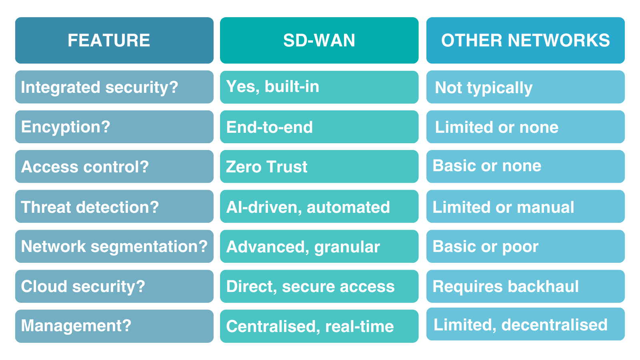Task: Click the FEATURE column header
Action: tap(114, 40)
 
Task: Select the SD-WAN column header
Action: tap(319, 40)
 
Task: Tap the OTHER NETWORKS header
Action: tap(526, 40)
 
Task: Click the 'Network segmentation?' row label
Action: tap(114, 246)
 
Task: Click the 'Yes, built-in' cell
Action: tap(319, 87)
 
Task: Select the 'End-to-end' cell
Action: tap(319, 127)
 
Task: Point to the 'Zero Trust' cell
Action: tap(319, 166)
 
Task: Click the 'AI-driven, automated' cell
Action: tap(319, 206)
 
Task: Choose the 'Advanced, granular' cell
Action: tap(319, 246)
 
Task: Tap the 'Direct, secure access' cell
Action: tap(319, 286)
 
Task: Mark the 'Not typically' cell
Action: tap(526, 87)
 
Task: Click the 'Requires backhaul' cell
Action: tap(526, 286)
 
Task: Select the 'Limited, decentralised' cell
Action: tap(526, 324)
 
